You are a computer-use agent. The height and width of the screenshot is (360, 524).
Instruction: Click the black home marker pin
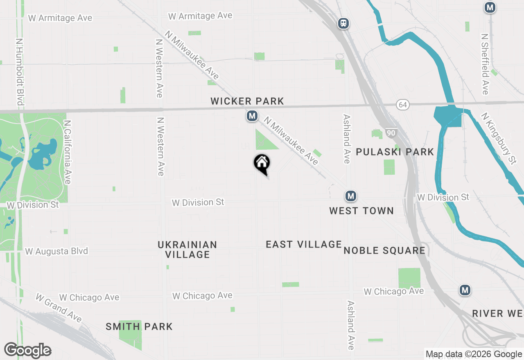pyautogui.click(x=262, y=164)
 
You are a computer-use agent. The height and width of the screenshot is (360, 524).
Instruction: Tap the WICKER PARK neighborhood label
pyautogui.click(x=247, y=101)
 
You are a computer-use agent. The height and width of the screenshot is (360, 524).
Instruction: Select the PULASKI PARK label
pyautogui.click(x=395, y=152)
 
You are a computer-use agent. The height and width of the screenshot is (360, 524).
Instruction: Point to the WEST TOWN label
pyautogui.click(x=361, y=211)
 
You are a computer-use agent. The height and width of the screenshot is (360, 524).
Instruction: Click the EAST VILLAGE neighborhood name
pyautogui.click(x=304, y=244)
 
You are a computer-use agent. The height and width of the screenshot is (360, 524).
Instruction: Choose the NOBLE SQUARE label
pyautogui.click(x=384, y=250)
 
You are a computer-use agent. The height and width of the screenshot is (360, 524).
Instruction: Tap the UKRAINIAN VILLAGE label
pyautogui.click(x=187, y=250)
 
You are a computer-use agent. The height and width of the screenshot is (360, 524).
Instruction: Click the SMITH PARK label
pyautogui.click(x=139, y=326)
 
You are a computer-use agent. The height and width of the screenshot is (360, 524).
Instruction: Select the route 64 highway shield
pyautogui.click(x=403, y=105)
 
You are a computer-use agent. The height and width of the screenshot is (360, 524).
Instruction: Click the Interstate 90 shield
pyautogui.click(x=391, y=133)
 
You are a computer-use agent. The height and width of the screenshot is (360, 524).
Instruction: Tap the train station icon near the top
pyautogui.click(x=343, y=23)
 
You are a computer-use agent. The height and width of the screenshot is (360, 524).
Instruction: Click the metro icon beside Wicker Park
pyautogui.click(x=252, y=116)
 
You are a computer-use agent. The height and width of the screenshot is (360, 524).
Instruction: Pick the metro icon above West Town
pyautogui.click(x=350, y=196)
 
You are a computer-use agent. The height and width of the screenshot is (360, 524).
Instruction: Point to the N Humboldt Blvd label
pyautogui.click(x=19, y=72)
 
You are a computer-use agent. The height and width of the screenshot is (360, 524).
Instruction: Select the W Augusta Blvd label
pyautogui.click(x=56, y=251)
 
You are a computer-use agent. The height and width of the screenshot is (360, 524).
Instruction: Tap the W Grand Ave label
pyautogui.click(x=59, y=308)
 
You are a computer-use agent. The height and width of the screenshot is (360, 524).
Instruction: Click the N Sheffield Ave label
pyautogui.click(x=485, y=64)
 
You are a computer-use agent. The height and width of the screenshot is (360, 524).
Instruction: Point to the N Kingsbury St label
pyautogui.click(x=498, y=138)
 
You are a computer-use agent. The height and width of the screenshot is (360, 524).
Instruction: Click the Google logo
pyautogui.click(x=27, y=350)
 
